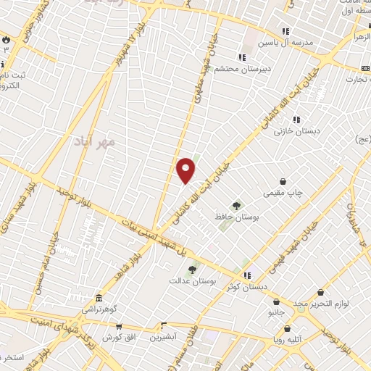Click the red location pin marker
pos(185,170)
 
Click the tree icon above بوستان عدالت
pos(192,270)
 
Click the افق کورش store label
pos(117,338)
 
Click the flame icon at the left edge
pos(7,38)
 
